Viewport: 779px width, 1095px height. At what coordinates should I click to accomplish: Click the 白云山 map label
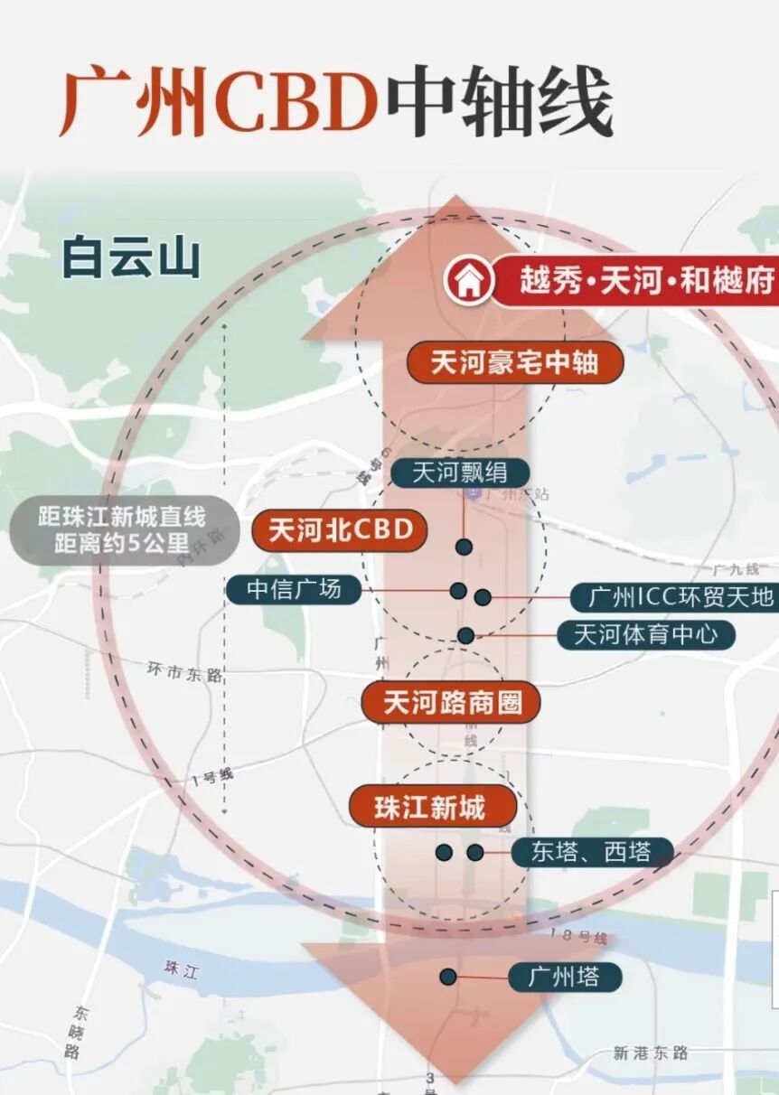[x=131, y=257]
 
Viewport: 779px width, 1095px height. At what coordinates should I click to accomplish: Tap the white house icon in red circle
[x=468, y=282]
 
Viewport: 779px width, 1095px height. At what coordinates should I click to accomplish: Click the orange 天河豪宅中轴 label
[x=514, y=363]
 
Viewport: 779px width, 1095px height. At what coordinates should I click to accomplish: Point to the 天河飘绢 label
[x=459, y=473]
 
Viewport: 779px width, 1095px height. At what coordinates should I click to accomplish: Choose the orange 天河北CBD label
[x=339, y=530]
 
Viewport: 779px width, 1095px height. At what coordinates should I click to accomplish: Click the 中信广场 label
[x=294, y=590]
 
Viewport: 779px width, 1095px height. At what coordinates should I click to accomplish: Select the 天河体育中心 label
[x=645, y=634]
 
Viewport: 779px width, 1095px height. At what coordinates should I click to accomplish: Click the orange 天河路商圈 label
[x=450, y=702]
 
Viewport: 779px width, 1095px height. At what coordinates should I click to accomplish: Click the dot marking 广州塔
[x=447, y=977]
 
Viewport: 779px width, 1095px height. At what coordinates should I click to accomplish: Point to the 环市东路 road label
[x=184, y=672]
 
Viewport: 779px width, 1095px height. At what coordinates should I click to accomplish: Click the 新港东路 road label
[x=650, y=1053]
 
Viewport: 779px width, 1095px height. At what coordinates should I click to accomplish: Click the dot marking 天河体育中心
[x=465, y=635]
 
